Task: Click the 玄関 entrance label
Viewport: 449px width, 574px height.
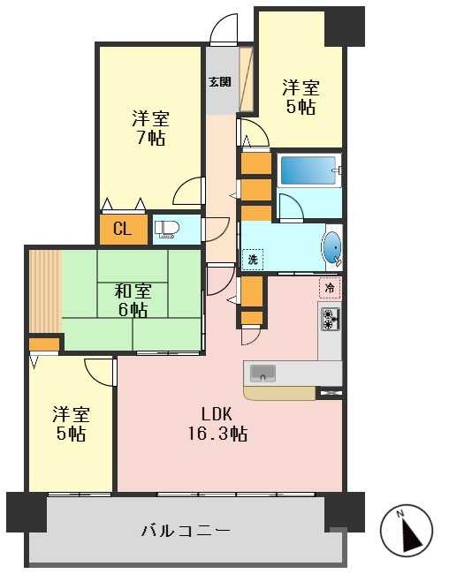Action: pos(219,82)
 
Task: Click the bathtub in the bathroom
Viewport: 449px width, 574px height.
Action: pos(308,170)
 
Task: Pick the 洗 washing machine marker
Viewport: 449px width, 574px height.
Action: pos(252,260)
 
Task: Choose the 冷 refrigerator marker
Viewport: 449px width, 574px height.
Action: pos(329,287)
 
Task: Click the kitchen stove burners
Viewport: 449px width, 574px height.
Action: pos(330,319)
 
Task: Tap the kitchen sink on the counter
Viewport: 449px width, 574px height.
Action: pos(263,373)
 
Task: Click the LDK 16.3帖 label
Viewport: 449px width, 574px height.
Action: pos(217,423)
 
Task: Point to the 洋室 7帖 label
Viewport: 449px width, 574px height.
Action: pos(150,128)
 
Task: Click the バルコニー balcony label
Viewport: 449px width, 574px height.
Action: pos(186,531)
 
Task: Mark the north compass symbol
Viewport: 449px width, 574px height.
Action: pos(407,530)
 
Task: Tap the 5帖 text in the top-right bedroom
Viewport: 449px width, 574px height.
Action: pos(300,108)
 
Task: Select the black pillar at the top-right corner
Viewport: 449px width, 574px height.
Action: pos(345,26)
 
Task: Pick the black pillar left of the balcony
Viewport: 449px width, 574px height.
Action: pos(27,511)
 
